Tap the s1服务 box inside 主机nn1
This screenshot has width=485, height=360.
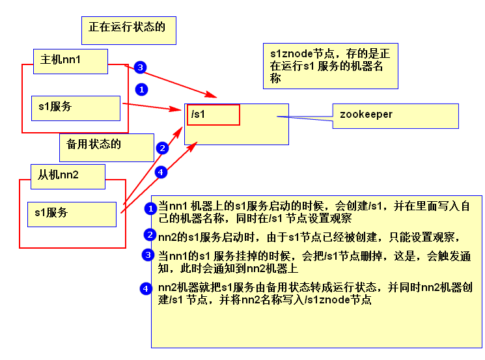pos(76,107)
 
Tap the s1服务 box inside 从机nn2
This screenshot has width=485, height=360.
pos(72,214)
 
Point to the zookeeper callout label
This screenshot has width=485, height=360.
pos(366,115)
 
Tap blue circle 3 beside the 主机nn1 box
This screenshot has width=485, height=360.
pos(140,67)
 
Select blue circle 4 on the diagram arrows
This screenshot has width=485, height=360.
pos(161,173)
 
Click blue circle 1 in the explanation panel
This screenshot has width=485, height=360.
pos(150,208)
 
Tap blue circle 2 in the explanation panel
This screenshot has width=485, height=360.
pos(150,235)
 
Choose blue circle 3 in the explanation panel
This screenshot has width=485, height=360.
pos(150,255)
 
